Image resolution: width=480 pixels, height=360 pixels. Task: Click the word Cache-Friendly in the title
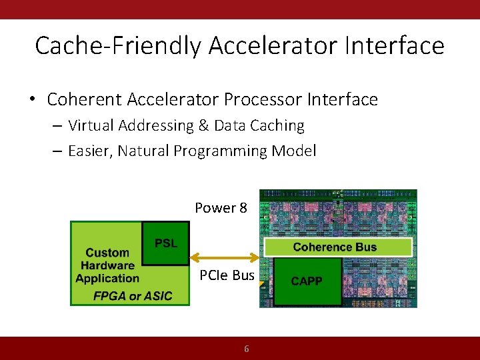(x=118, y=46)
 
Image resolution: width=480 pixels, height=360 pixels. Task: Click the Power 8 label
(x=221, y=208)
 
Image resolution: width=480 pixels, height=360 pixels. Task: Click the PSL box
(x=166, y=243)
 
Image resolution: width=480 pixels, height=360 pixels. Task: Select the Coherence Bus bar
(x=338, y=247)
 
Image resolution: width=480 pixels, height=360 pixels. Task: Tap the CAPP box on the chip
(x=307, y=281)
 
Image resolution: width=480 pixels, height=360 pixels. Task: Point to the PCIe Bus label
(x=227, y=275)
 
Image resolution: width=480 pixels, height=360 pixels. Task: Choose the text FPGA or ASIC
(x=133, y=295)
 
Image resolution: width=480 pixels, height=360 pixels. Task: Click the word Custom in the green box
(x=107, y=253)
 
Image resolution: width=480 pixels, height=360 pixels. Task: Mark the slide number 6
(x=246, y=349)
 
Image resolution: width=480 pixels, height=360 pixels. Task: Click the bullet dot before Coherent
(x=32, y=101)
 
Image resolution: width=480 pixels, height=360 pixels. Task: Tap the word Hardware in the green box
(x=107, y=266)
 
